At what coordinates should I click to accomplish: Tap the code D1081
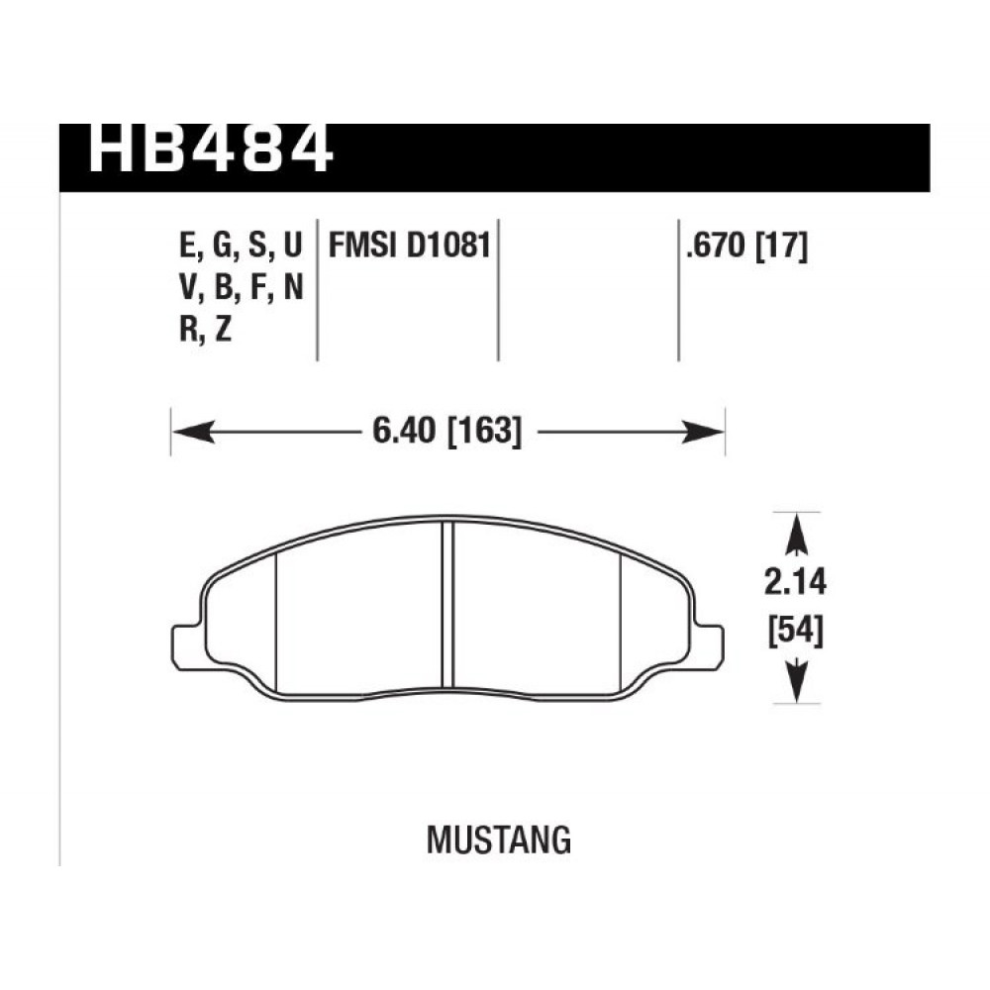click(448, 245)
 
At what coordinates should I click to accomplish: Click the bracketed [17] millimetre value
click(782, 246)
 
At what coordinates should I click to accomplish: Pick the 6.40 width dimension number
click(404, 432)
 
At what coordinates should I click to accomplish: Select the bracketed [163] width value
click(485, 432)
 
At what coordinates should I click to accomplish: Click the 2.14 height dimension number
click(795, 583)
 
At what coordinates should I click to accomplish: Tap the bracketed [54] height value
click(796, 631)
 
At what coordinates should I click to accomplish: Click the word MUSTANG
click(499, 840)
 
